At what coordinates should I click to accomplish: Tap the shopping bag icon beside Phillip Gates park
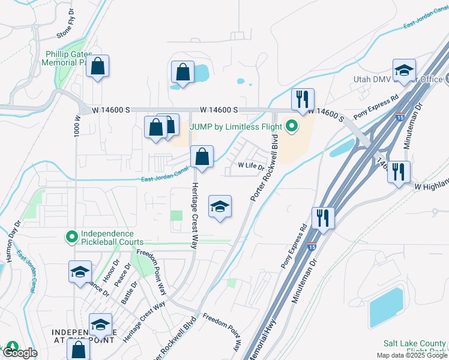tap(98, 67)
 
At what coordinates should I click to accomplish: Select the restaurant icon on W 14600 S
tap(303, 100)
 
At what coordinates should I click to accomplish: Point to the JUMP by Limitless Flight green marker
tap(292, 126)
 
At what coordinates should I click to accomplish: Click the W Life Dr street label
tap(251, 165)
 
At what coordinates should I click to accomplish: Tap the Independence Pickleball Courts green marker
tap(72, 238)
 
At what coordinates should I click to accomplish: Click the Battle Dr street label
tap(130, 293)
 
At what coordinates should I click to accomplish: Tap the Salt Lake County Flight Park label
tap(415, 347)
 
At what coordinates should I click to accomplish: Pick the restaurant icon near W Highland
tap(399, 172)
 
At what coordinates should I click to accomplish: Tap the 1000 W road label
tap(77, 125)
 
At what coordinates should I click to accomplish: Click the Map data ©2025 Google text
tap(411, 355)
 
